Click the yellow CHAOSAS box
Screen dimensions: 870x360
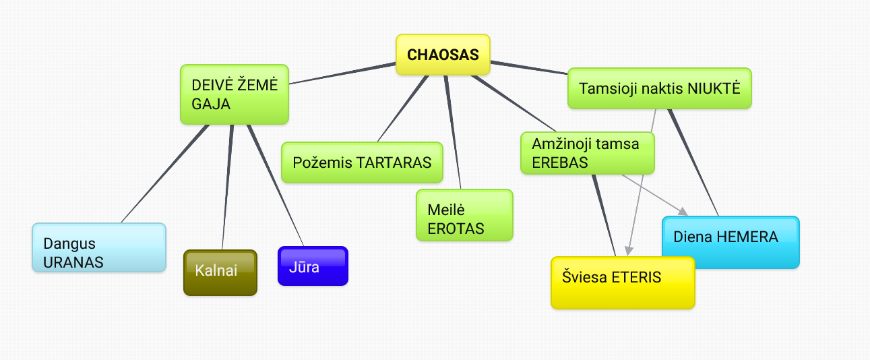pos(442,55)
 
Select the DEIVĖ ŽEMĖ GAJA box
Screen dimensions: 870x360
pos(235,94)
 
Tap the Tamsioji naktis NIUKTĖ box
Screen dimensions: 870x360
pos(659,88)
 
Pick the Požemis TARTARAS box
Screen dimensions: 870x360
pos(362,162)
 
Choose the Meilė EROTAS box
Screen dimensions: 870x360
pos(464,215)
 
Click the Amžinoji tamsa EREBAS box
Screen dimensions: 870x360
pos(588,153)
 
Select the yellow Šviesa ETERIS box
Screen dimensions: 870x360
pos(622,283)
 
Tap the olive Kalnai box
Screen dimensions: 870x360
pos(220,272)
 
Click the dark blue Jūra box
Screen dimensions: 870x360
pos(313,266)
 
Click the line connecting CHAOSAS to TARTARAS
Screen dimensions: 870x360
pos(402,108)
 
